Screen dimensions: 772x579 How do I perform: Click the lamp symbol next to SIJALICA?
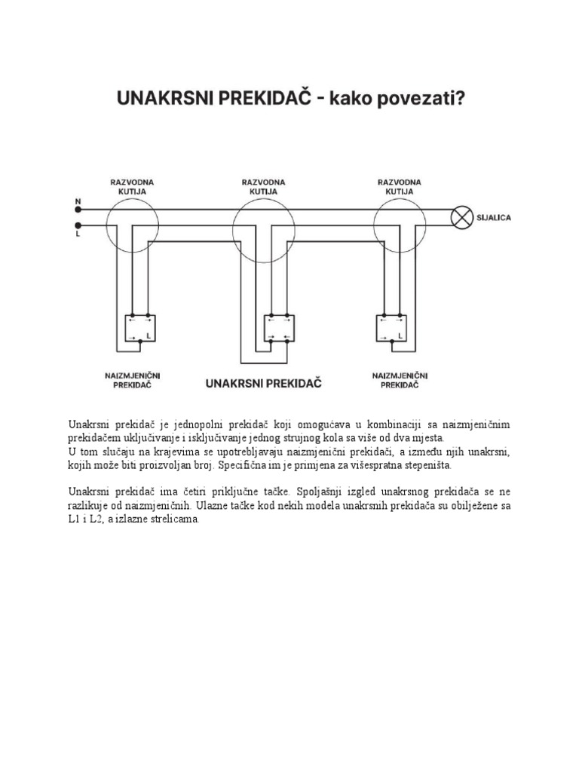click(x=461, y=217)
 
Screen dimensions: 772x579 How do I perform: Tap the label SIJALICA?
click(x=495, y=217)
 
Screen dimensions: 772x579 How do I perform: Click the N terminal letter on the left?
click(x=78, y=201)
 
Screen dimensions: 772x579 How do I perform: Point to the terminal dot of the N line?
click(x=78, y=210)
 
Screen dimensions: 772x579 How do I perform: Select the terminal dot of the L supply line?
click(x=78, y=225)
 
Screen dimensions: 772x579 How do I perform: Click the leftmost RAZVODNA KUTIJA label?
click(x=132, y=186)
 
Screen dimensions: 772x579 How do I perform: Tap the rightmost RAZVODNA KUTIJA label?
click(x=398, y=186)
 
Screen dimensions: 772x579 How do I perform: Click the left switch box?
click(x=140, y=328)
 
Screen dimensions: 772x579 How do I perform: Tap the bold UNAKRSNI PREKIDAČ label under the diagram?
click(x=264, y=383)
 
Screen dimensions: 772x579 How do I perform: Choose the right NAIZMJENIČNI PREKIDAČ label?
click(x=400, y=379)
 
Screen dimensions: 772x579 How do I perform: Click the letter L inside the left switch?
click(x=149, y=336)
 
